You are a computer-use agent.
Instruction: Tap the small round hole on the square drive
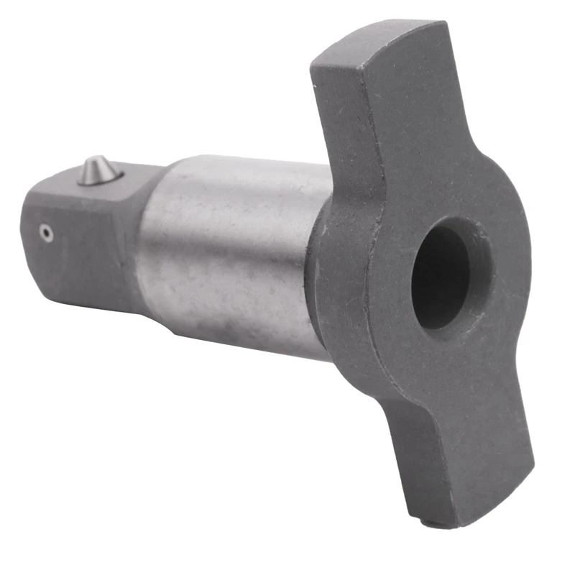(46, 233)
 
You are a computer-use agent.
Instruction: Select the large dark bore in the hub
(441, 276)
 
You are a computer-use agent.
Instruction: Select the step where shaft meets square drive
(147, 237)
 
